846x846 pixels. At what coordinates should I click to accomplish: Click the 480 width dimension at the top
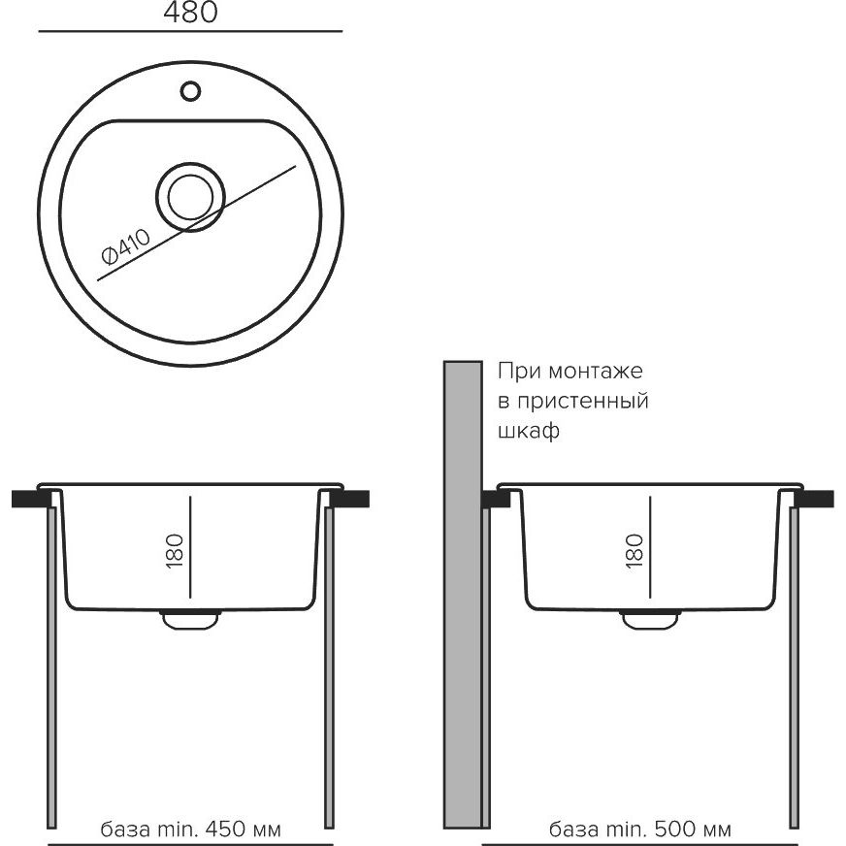click(x=190, y=12)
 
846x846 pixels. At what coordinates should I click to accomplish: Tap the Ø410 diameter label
click(x=126, y=247)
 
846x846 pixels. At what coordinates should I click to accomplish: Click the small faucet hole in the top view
click(x=190, y=91)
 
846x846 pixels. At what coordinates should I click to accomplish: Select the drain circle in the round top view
click(x=190, y=198)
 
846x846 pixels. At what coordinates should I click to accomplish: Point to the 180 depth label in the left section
click(x=175, y=551)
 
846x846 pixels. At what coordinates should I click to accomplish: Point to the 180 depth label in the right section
click(x=634, y=551)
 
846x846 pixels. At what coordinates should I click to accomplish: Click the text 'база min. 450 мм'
click(x=190, y=829)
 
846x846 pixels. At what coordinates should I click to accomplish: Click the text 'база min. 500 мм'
click(x=640, y=829)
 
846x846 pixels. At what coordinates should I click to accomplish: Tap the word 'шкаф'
click(x=528, y=431)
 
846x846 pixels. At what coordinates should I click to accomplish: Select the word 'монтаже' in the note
click(x=596, y=372)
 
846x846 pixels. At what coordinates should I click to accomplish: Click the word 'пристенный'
click(x=583, y=402)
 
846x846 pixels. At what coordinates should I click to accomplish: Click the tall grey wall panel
click(x=463, y=595)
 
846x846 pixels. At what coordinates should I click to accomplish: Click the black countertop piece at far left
click(x=31, y=499)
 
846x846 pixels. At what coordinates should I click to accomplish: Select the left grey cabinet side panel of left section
click(x=51, y=667)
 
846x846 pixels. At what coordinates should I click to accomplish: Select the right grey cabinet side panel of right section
click(x=794, y=667)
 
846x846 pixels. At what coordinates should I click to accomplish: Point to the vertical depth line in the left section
click(x=190, y=547)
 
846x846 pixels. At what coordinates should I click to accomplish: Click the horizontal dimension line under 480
click(x=190, y=31)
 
